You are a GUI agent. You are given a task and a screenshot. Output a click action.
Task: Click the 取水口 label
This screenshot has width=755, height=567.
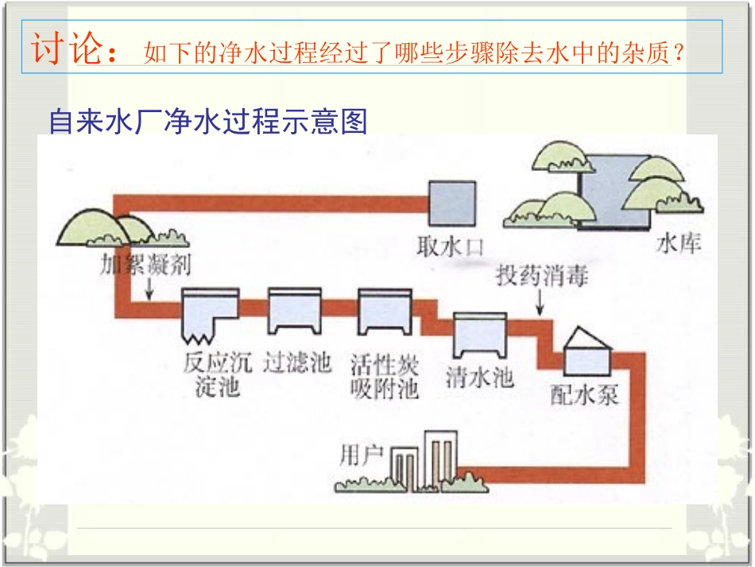point(450,247)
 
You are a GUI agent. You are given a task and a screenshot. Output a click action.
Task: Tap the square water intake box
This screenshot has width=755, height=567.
point(451,204)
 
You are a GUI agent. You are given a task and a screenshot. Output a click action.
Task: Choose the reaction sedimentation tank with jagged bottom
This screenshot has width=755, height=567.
point(210,313)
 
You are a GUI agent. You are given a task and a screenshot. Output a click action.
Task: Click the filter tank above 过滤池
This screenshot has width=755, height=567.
point(294,310)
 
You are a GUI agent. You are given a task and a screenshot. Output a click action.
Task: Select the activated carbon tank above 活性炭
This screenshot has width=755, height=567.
point(385,310)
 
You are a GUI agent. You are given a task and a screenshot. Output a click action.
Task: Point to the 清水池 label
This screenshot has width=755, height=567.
point(478,376)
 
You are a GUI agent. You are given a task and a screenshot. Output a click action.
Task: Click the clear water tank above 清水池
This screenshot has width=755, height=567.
point(480,336)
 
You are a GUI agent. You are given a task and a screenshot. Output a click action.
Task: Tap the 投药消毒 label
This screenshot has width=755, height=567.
point(542,277)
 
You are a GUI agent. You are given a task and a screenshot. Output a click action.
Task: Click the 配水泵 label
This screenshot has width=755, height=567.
point(584,394)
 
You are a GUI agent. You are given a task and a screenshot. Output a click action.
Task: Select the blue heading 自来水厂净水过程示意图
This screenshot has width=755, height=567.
point(208,122)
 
